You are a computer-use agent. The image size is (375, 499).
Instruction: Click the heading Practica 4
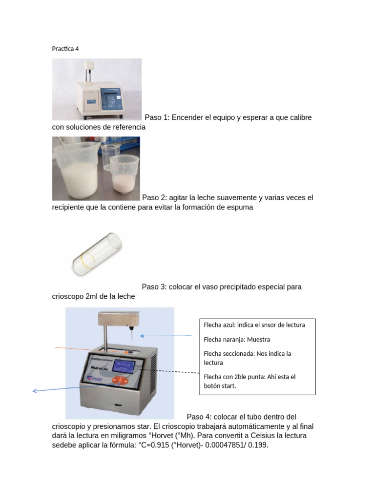pyautogui.click(x=65, y=49)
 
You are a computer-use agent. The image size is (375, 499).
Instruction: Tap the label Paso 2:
pyautogui.click(x=156, y=197)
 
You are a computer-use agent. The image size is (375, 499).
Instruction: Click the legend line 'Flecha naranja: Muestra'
pyautogui.click(x=236, y=339)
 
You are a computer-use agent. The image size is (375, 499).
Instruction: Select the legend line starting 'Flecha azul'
pyautogui.click(x=254, y=325)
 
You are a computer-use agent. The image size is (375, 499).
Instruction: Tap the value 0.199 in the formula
pyautogui.click(x=258, y=444)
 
